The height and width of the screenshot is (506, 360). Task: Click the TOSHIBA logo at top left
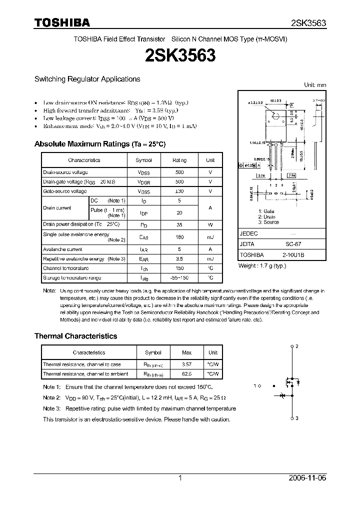(x=62, y=22)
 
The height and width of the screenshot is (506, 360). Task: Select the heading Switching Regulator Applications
(x=87, y=79)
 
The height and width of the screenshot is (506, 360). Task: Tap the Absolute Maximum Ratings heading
(x=99, y=144)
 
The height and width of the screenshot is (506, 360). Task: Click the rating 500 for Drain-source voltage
(x=179, y=172)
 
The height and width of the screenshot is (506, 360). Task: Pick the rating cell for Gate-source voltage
(x=179, y=191)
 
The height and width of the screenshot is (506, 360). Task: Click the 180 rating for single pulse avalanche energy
(x=179, y=237)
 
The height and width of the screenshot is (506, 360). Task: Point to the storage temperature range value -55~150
(x=179, y=277)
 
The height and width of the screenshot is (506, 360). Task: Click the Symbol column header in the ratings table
(x=144, y=160)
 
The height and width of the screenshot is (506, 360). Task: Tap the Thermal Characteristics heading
(x=75, y=336)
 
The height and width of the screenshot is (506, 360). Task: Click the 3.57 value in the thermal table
(x=187, y=364)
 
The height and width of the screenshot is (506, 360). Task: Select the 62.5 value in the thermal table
(x=187, y=374)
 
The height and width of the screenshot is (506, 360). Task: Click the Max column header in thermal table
(x=187, y=352)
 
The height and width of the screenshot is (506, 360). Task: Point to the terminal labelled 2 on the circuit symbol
(x=296, y=346)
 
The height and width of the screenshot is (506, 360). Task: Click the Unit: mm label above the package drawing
(x=315, y=85)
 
